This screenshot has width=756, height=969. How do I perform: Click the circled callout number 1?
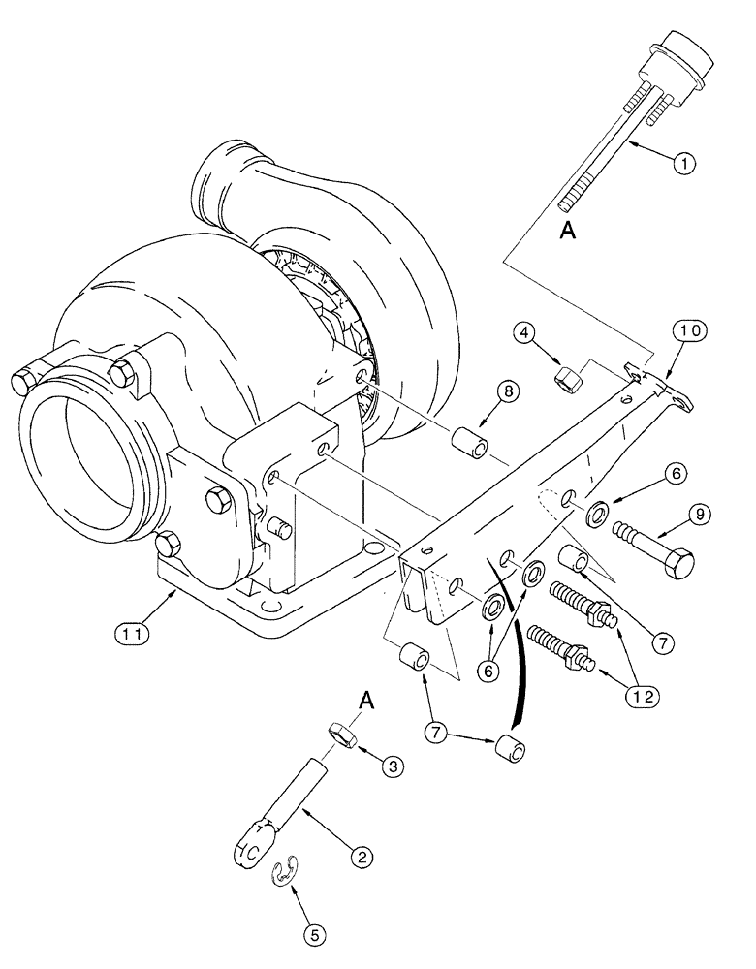tap(684, 164)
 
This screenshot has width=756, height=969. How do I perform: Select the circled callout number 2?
tap(361, 856)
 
